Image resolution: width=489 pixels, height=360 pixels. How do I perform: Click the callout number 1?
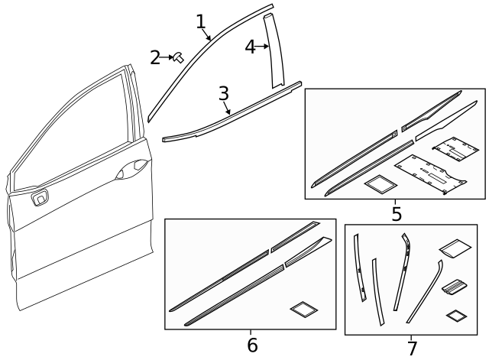pyautogui.click(x=200, y=21)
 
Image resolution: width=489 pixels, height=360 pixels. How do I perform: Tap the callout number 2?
pyautogui.click(x=155, y=57)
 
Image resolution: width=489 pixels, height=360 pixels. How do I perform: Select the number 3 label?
pyautogui.click(x=223, y=93)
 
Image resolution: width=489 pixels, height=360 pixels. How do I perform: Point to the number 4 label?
pyautogui.click(x=249, y=47)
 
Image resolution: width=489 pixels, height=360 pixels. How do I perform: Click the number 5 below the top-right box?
pyautogui.click(x=396, y=213)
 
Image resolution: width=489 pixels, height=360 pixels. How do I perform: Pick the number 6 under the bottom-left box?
pyautogui.click(x=252, y=345)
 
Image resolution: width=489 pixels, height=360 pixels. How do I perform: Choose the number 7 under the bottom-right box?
pyautogui.click(x=412, y=349)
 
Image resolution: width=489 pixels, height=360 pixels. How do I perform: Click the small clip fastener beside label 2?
pyautogui.click(x=179, y=56)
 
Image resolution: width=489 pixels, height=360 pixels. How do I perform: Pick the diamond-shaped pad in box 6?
pyautogui.click(x=303, y=309)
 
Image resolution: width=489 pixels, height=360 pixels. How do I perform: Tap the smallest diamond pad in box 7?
pyautogui.click(x=456, y=315)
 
